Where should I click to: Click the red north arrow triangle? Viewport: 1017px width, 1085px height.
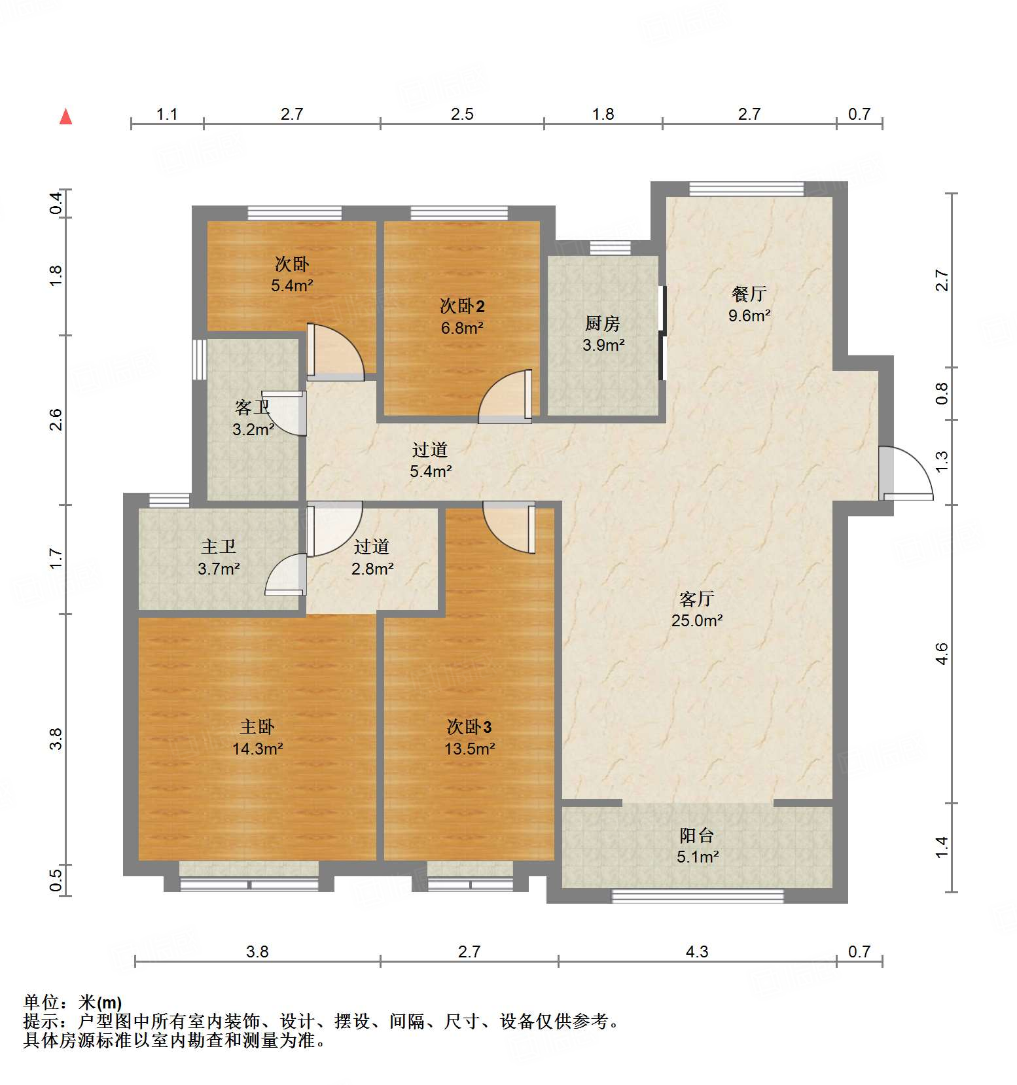(65, 117)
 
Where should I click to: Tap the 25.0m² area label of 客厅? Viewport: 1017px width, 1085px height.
(696, 620)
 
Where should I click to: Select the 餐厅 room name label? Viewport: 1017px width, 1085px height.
(749, 294)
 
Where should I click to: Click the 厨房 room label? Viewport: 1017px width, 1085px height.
(602, 323)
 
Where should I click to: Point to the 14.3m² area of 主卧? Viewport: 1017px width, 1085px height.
(257, 749)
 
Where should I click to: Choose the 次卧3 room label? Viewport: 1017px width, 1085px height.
(469, 726)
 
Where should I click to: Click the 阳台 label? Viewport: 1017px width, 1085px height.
(696, 835)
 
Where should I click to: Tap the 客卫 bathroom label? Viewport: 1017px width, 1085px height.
(252, 408)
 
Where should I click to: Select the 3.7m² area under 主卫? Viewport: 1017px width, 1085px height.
(219, 569)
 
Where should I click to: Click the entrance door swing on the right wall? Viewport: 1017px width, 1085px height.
(906, 474)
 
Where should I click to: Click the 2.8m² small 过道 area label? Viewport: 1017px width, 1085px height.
(372, 569)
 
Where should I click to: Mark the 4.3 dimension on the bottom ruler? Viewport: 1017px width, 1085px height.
(697, 952)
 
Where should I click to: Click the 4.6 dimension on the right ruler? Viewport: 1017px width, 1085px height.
(942, 654)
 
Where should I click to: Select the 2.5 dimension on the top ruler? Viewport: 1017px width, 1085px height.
(462, 115)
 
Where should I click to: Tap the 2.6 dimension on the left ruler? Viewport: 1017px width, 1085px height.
(56, 419)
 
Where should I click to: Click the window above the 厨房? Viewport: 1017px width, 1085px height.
(610, 247)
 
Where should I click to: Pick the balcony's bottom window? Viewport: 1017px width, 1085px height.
(697, 896)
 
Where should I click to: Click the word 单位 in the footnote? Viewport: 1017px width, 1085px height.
(41, 1002)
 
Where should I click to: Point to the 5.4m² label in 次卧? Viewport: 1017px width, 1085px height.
(291, 285)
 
